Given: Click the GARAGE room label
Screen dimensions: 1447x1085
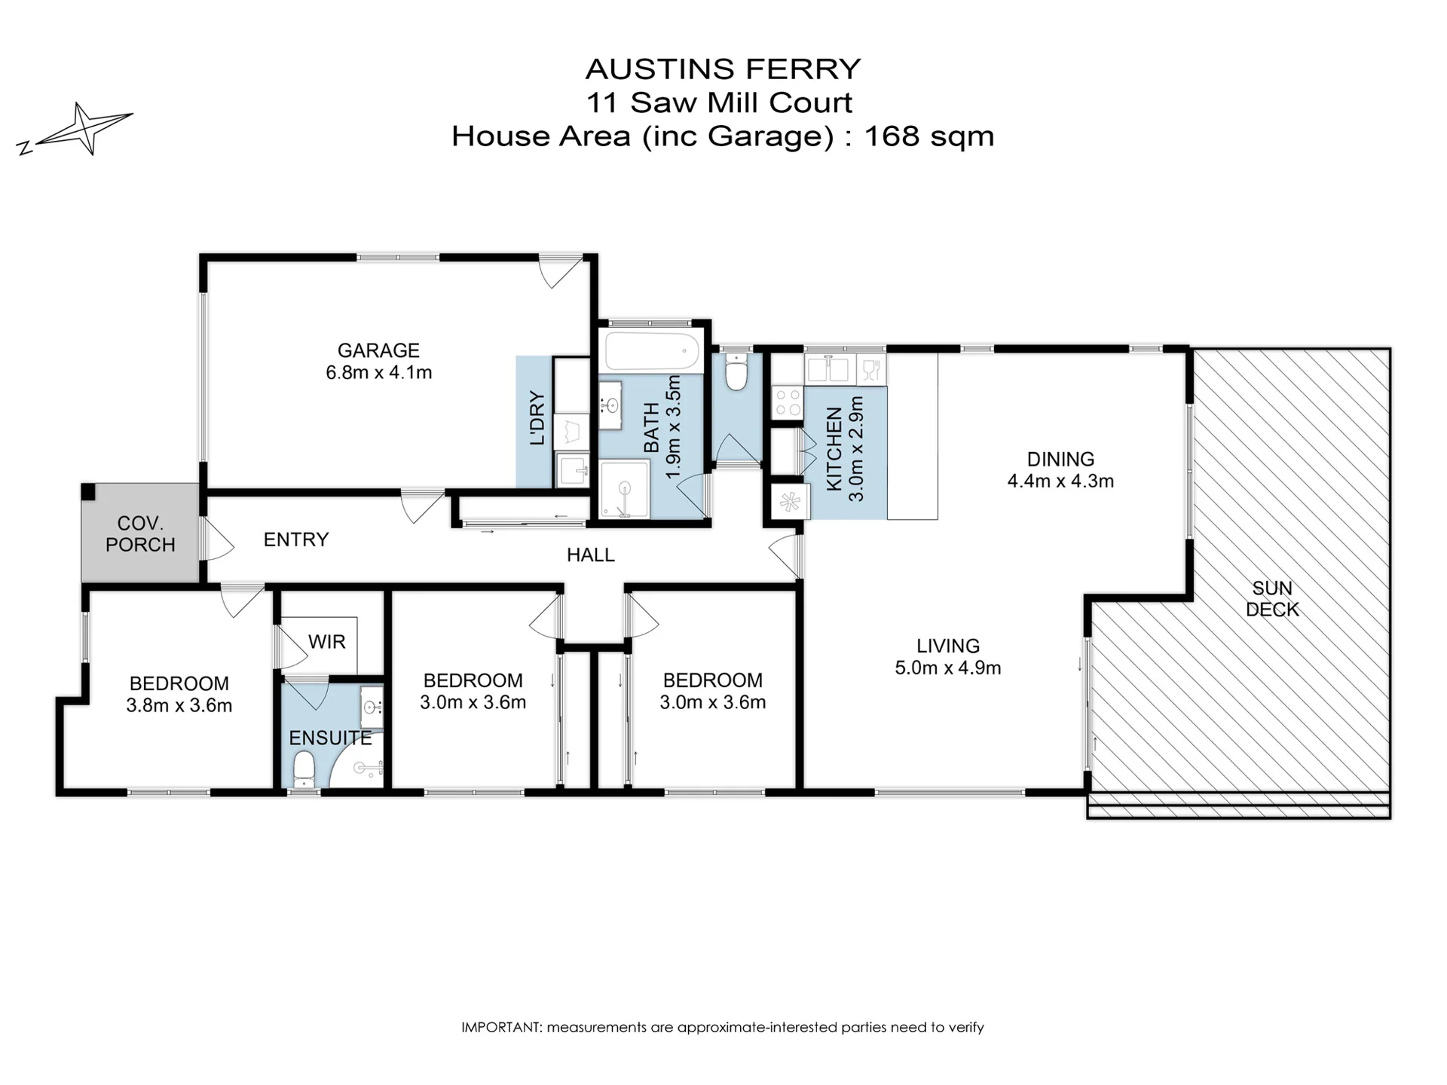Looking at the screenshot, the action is point(378,350).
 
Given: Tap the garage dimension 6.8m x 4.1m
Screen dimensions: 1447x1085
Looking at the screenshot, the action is point(379,372).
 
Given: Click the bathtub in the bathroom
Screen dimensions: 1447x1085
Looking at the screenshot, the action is point(653,350).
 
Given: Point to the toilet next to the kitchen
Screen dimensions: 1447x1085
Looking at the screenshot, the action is point(736,371).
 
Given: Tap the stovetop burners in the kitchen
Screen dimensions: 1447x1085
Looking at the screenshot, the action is point(788,402).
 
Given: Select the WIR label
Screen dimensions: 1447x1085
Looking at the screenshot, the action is point(327,642).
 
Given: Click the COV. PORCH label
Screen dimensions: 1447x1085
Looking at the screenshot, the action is point(140,533).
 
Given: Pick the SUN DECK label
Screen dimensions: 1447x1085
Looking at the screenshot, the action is point(1272,599).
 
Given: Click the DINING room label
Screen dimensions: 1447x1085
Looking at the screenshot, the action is point(1060,459).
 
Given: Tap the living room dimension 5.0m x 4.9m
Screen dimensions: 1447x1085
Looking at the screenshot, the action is point(948,668).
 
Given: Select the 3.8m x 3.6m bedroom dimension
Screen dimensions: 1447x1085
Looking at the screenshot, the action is point(179,706).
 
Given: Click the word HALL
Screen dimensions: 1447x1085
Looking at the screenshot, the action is point(591,555).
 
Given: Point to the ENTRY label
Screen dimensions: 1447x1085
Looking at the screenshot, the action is point(296,539).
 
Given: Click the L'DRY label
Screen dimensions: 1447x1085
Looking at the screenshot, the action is point(537,417).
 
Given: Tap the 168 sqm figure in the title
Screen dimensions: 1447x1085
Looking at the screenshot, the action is point(928,136).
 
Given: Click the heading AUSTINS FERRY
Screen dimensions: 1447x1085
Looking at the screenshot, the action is point(723,69).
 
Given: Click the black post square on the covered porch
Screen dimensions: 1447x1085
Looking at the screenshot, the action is point(89,491).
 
